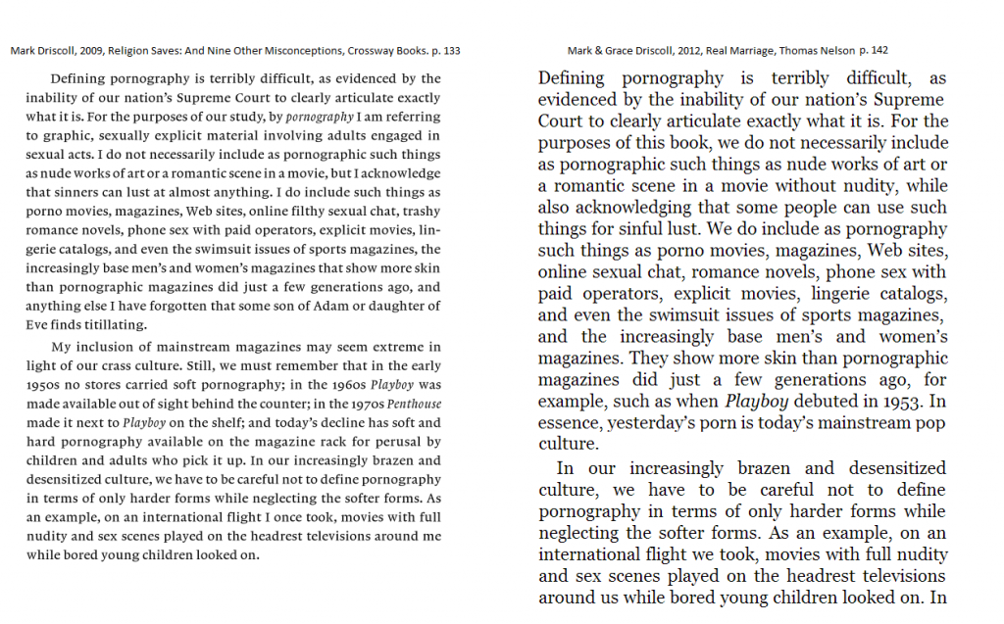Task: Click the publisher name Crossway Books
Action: pyautogui.click(x=378, y=51)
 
